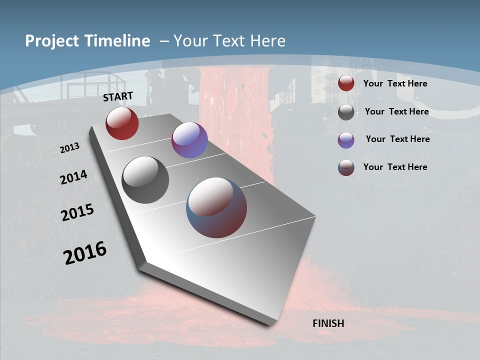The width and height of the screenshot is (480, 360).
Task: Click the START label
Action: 118,96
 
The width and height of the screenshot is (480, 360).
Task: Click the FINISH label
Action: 328,323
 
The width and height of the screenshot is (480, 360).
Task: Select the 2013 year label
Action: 70,148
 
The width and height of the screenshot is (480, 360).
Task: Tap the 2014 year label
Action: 74,177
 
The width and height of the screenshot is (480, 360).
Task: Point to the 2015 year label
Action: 77,212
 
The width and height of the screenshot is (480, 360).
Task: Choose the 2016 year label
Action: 85,253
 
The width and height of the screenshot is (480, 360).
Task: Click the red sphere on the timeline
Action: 122,123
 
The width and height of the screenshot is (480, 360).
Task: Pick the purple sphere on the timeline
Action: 189,140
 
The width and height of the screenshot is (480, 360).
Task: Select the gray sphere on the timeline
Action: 145,180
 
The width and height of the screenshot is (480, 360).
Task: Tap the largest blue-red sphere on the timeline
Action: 216,207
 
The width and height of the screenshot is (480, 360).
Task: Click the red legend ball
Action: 346,83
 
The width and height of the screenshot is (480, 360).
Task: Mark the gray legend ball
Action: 346,112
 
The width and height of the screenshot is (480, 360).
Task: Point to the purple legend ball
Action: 346,140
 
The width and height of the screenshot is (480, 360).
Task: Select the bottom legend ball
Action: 346,167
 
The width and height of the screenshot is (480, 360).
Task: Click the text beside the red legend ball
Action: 395,83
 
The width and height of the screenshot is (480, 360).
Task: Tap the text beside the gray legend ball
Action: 396,111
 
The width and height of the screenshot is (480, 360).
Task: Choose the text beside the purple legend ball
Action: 397,139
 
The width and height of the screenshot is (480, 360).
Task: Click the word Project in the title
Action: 51,41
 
